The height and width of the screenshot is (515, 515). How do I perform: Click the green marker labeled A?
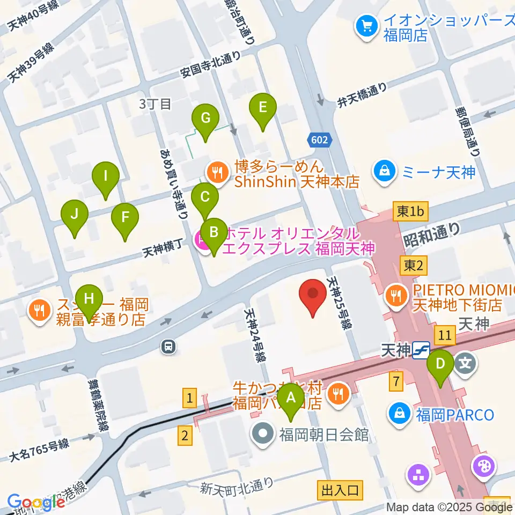coord(291,399)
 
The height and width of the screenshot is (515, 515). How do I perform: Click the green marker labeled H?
coord(89,298)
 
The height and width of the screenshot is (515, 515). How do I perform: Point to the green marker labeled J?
coord(75,215)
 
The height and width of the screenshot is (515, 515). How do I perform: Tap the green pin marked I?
coord(106,176)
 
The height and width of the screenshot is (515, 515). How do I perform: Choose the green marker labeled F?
coord(125,218)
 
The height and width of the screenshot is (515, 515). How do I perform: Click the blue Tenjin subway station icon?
coord(422,351)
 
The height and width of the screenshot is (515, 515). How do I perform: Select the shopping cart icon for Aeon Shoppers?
coord(367,25)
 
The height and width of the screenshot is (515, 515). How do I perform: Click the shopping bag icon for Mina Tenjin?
coord(385,172)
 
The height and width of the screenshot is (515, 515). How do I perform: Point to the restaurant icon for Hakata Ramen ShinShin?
coord(218,172)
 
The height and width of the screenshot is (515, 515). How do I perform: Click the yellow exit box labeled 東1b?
coord(410,212)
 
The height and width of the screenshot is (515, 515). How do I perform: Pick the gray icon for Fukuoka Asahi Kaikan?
coord(263,434)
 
